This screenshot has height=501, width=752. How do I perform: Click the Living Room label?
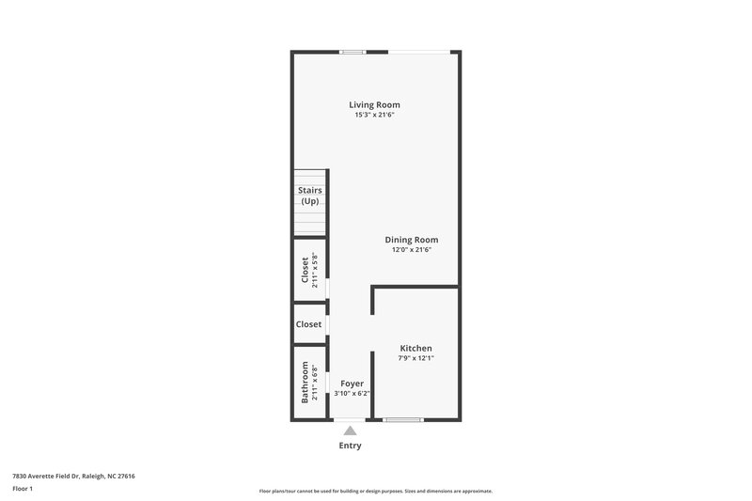coord(374,104)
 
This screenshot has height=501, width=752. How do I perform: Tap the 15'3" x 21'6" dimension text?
coord(374,116)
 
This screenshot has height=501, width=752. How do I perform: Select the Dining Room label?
coord(412,240)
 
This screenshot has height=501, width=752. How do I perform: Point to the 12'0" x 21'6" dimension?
coord(412,250)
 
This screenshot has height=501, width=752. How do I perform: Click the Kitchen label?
coord(415,348)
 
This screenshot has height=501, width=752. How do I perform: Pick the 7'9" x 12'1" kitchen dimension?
coord(415,358)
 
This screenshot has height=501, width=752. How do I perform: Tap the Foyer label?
coord(352,384)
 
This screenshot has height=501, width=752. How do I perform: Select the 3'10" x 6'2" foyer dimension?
coord(352,394)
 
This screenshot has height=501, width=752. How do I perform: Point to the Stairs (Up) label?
coord(310,196)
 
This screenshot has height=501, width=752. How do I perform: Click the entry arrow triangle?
coord(350,430)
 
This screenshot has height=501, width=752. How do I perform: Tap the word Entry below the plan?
coord(350,446)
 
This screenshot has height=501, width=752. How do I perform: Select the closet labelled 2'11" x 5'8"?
coord(309,270)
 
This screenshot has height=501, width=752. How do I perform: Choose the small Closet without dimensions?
coord(308,324)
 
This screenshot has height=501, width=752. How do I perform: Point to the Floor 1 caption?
coord(23,489)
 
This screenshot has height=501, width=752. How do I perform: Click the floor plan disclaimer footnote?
coord(375,491)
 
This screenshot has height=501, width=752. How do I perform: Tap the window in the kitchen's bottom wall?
coord(403,419)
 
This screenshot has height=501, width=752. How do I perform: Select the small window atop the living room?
coord(352,52)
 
